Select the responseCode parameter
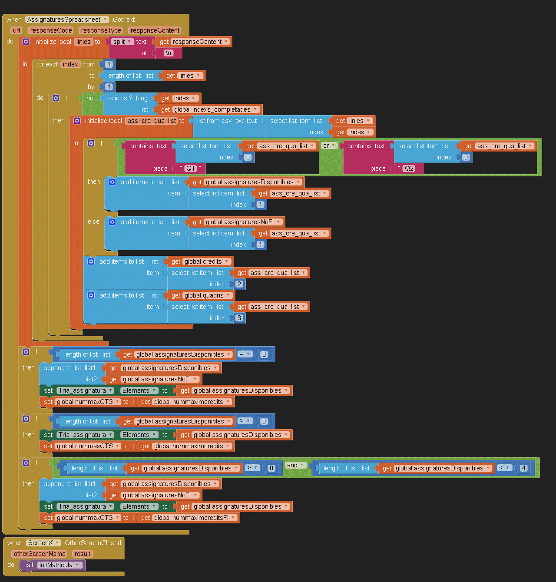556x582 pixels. (x=51, y=30)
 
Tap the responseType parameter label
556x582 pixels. (x=101, y=30)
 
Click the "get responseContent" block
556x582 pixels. (x=193, y=42)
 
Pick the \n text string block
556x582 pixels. (x=169, y=53)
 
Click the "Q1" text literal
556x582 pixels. (x=190, y=169)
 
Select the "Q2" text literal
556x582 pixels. (x=409, y=169)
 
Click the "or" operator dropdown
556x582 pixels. (x=329, y=146)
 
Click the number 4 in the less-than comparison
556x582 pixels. (x=523, y=468)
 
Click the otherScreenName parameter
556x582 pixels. (x=40, y=554)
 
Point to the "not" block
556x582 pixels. (x=90, y=98)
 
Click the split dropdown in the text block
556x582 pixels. (x=122, y=42)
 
